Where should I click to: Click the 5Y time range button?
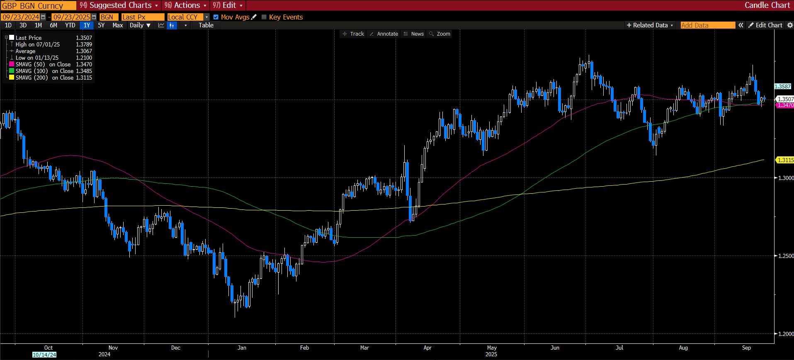[101, 25]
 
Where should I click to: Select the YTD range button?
[70, 25]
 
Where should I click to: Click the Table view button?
[206, 25]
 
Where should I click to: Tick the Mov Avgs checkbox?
[216, 17]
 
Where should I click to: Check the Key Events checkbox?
[264, 17]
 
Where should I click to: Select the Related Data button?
[650, 25]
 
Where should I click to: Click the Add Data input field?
[707, 25]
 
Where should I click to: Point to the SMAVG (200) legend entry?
[32, 78]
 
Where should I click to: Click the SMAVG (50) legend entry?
[30, 64]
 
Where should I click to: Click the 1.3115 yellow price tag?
[785, 160]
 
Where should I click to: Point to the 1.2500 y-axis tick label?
[786, 256]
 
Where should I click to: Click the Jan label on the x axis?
[242, 348]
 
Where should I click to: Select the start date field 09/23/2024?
[21, 17]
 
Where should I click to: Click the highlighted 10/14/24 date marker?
[44, 355]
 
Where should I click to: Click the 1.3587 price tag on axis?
[783, 87]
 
